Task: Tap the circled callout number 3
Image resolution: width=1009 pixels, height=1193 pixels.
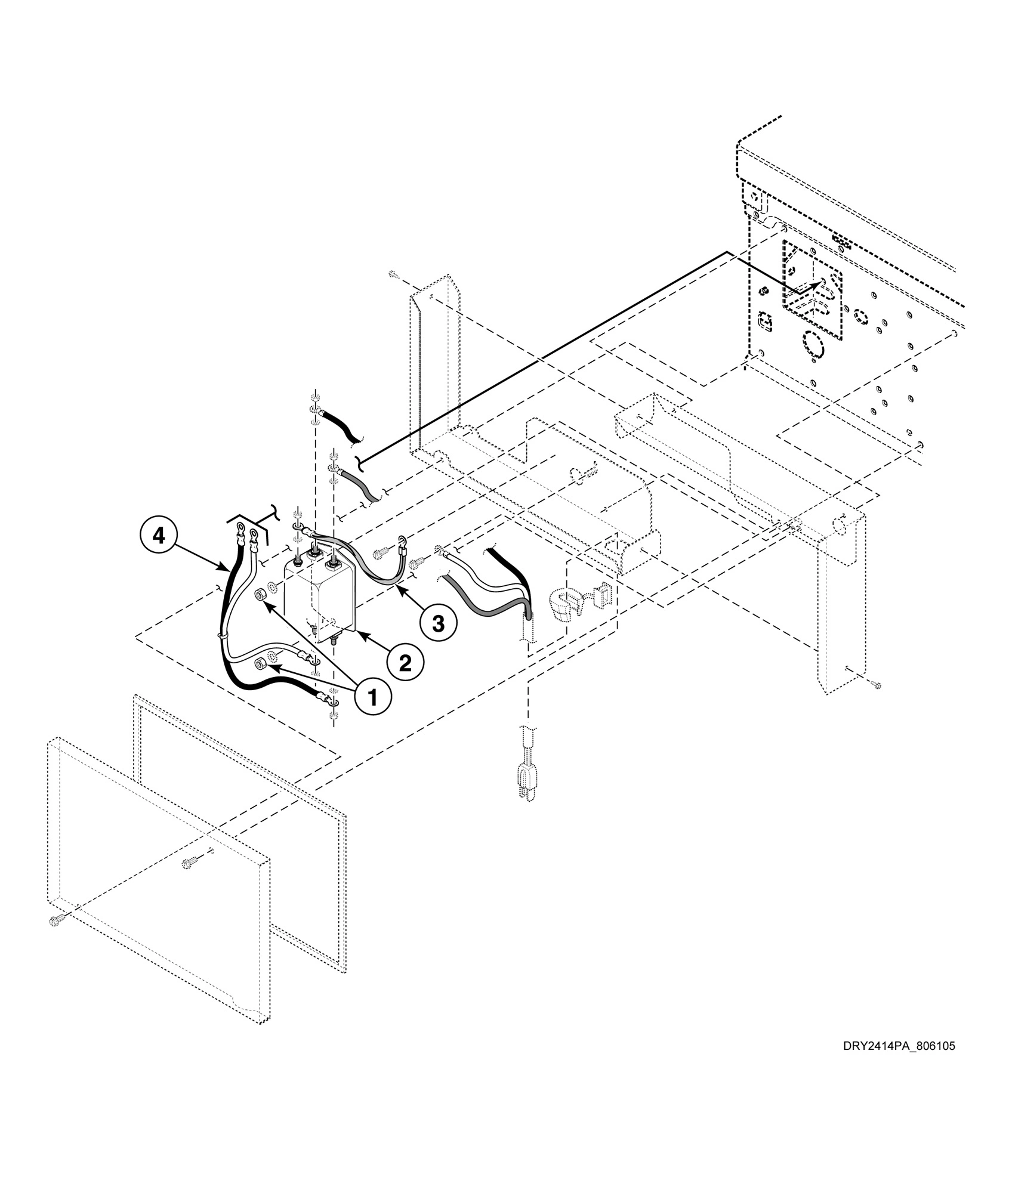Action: coord(438,623)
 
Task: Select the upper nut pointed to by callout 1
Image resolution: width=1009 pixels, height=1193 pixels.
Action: coord(261,595)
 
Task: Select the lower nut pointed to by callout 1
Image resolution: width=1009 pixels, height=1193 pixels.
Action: coord(261,663)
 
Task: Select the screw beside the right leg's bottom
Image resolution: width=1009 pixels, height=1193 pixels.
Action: coord(875,685)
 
